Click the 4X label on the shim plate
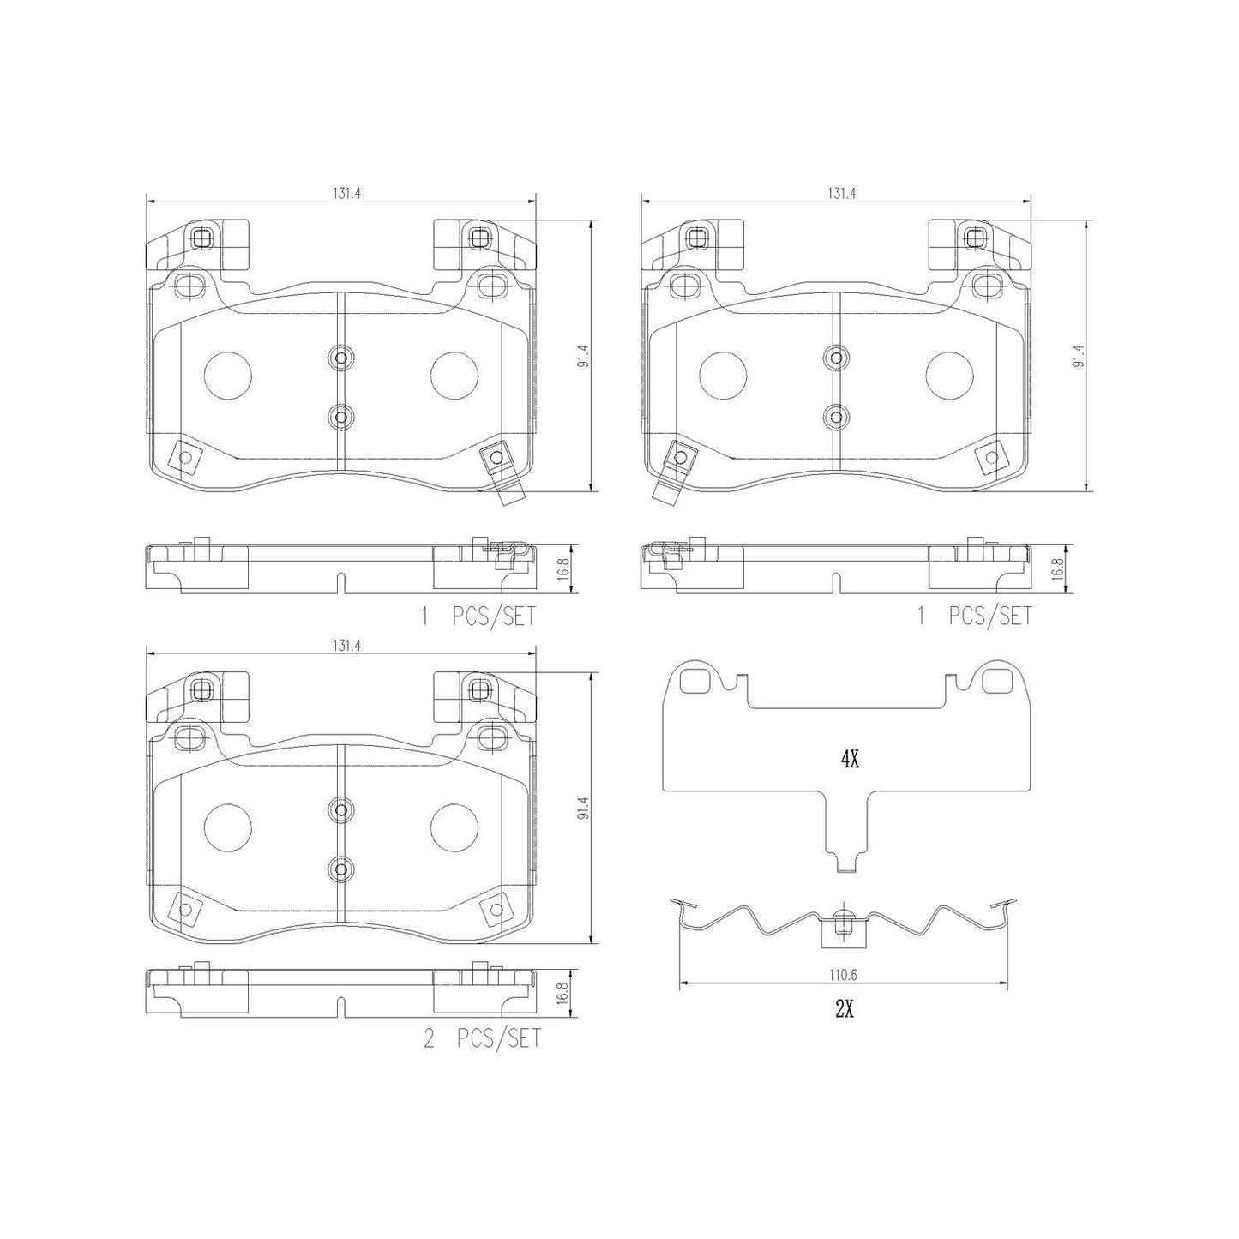[849, 759]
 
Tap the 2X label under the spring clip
[844, 1009]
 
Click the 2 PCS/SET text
[483, 1039]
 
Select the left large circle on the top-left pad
[228, 375]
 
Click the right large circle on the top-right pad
[950, 375]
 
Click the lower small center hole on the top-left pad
[340, 418]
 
